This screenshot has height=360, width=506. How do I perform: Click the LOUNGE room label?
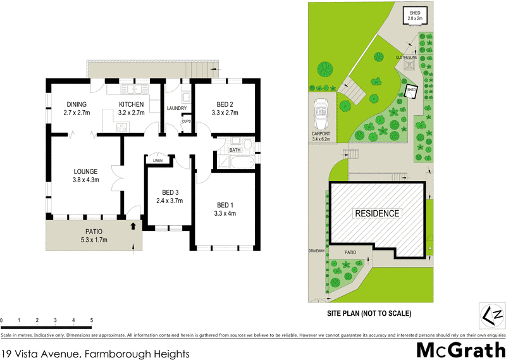coord(85,171)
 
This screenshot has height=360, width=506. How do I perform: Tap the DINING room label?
coord(75,104)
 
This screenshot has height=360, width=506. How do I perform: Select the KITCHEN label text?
coord(132,104)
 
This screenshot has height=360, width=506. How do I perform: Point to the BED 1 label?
coord(225,205)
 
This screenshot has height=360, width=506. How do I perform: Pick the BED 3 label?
coord(170,192)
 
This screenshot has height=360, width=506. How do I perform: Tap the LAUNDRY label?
coord(176,108)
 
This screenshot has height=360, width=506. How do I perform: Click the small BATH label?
coord(235,150)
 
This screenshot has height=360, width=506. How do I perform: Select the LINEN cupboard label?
coord(157,160)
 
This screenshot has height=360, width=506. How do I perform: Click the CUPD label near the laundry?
coord(186,121)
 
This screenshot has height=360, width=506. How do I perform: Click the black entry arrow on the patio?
coord(133,225)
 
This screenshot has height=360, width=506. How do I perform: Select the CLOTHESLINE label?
coord(406,58)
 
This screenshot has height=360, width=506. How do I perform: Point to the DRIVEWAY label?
coord(316,251)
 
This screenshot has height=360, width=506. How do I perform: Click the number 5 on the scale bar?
coord(92,320)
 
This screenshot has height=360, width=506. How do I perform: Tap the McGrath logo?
coord(459,349)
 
